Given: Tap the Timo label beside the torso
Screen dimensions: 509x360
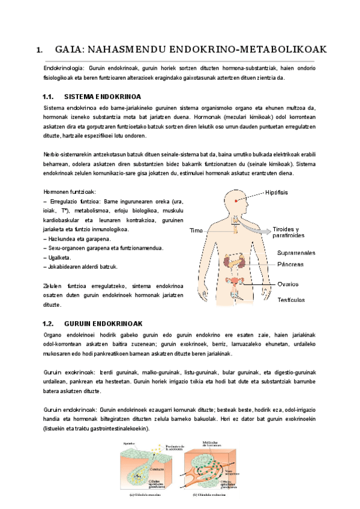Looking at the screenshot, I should coord(196,230).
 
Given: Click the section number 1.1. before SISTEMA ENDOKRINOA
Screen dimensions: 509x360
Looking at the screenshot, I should coord(49,96).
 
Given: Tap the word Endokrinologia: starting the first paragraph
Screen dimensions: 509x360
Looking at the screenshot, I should coord(64,68).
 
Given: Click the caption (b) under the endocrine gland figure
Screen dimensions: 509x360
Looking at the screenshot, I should coord(210,495).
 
